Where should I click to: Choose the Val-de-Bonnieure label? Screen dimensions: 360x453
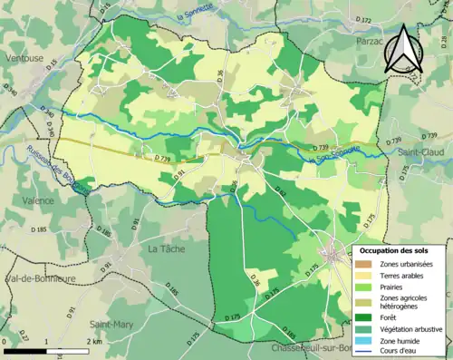(40, 278)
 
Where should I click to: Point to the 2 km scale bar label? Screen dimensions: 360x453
(93, 341)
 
